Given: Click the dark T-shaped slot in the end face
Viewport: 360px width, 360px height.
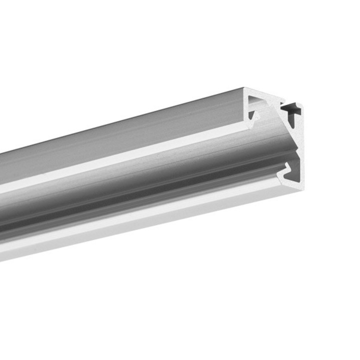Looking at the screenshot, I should [292, 108].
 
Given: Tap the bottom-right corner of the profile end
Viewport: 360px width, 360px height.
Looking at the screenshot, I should [302, 188].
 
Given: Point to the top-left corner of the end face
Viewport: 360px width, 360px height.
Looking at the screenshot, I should [244, 90].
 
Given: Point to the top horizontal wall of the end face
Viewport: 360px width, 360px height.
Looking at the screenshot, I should [270, 94].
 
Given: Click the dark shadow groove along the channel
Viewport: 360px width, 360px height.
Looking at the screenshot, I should [125, 210].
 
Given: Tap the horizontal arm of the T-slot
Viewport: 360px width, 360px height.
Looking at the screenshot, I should [291, 106].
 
